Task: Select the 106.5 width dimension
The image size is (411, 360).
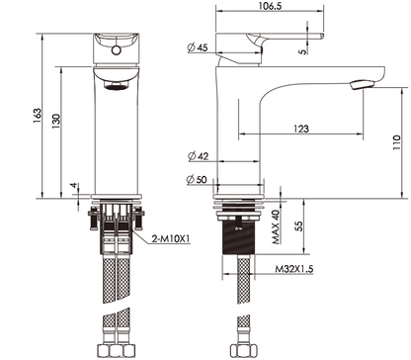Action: pos(262,8)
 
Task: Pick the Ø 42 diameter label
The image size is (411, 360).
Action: pos(198,154)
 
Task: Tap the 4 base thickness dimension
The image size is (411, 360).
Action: pos(75,187)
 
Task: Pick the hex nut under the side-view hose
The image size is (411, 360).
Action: pos(238,349)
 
